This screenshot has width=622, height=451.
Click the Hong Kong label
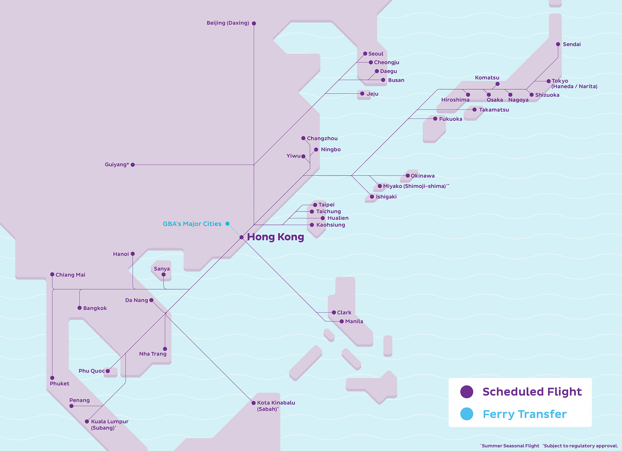(275, 237)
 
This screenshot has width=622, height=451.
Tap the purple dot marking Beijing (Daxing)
(254, 23)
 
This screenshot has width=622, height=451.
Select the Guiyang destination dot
(133, 165)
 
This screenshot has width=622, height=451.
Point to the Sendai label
(572, 44)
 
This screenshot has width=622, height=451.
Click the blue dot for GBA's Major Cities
(227, 224)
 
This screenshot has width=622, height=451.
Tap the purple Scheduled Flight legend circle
(466, 392)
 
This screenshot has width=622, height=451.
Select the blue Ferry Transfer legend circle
(466, 414)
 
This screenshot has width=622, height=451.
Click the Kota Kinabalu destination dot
(253, 403)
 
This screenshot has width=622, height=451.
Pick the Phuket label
(59, 384)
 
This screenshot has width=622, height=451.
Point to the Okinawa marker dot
(408, 176)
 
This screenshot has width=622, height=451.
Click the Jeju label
(372, 94)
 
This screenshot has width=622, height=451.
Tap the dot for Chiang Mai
(52, 274)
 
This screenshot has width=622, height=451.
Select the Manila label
(354, 321)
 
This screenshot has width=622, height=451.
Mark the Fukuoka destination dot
(435, 119)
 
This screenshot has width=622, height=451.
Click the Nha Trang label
(153, 354)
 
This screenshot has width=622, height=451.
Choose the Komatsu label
(487, 77)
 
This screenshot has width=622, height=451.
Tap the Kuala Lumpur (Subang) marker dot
(87, 421)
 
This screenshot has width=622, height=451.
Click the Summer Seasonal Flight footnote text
(510, 446)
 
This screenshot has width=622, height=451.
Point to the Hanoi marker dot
(133, 254)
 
